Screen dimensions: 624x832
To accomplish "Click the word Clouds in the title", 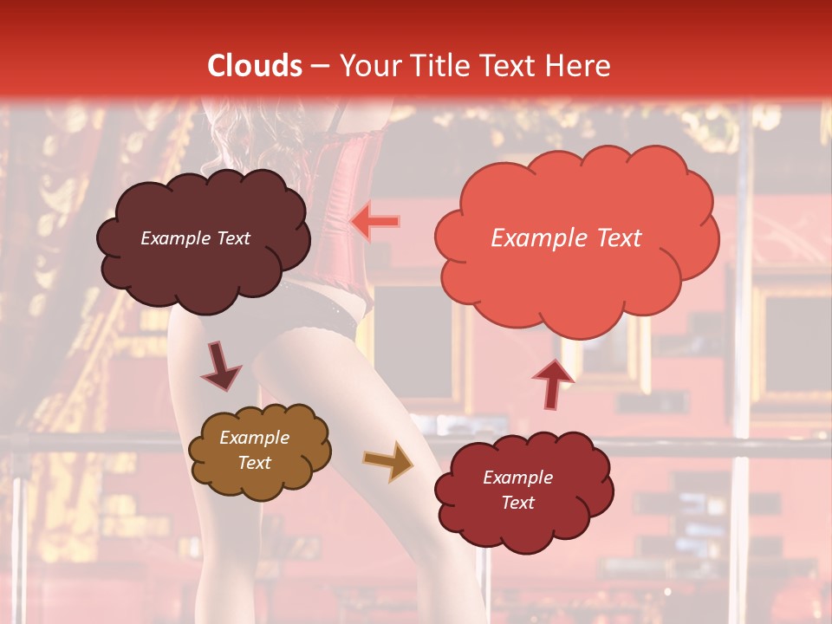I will [x=255, y=66].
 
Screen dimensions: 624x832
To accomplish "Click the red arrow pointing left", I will [x=375, y=222].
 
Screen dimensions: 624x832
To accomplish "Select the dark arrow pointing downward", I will [x=221, y=366].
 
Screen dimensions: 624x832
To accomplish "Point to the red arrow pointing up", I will [x=552, y=382].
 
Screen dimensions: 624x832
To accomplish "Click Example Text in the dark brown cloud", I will [x=195, y=238].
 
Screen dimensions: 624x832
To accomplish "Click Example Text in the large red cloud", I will [x=566, y=238].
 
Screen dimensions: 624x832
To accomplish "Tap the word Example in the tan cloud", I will [x=254, y=438].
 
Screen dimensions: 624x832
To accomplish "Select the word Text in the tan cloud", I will [x=254, y=463].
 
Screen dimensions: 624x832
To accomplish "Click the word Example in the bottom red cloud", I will [x=517, y=478].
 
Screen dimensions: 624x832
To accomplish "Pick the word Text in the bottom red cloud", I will [x=517, y=503].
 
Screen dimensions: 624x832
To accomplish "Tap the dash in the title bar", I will [x=319, y=66].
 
